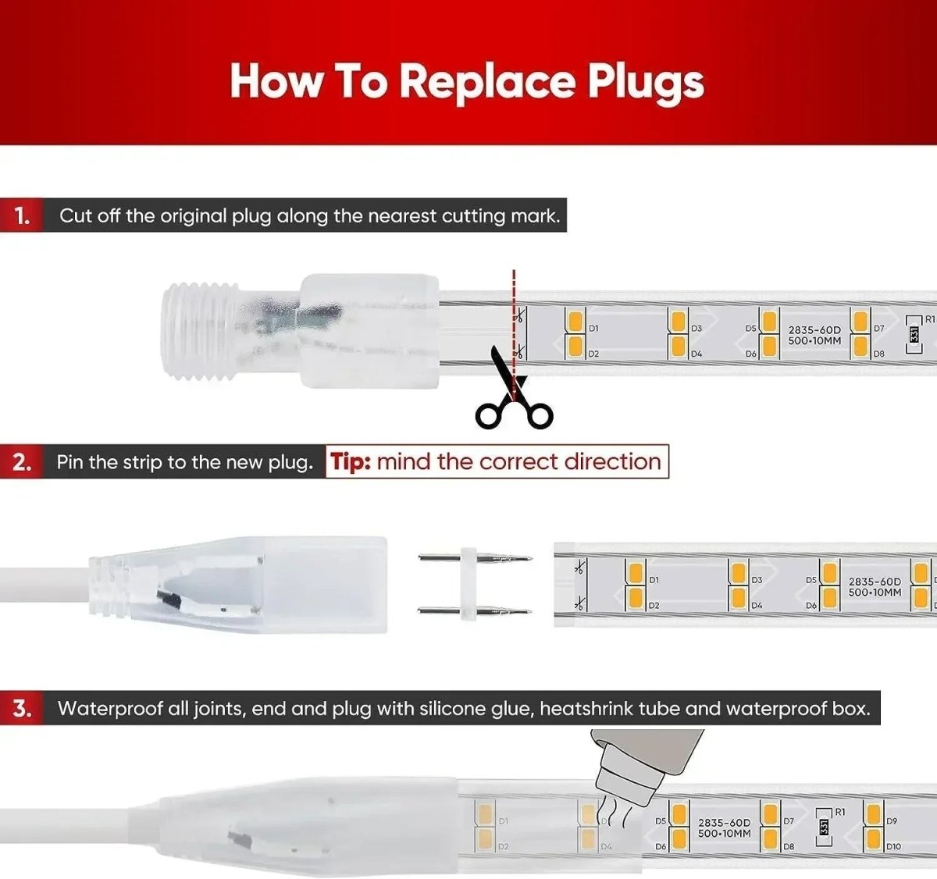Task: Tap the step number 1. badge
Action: pos(22,215)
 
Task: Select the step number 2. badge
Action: pos(22,462)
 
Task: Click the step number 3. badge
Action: pos(22,709)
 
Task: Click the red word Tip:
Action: pos(351,461)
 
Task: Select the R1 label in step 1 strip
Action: pos(928,320)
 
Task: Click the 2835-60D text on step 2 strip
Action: pos(874,582)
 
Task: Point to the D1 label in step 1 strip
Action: pos(593,329)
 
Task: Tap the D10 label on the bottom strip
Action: pos(893,846)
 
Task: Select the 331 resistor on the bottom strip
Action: pos(823,827)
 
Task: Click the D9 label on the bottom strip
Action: pos(892,821)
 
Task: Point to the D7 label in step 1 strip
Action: pos(878,329)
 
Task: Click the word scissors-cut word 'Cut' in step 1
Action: pos(75,215)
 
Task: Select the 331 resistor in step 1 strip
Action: pos(914,334)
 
